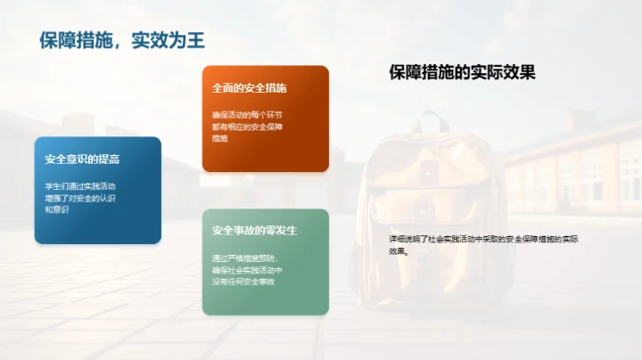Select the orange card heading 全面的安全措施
[x=249, y=89]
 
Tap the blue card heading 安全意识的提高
[x=82, y=160]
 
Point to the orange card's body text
[x=247, y=127]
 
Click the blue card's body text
[x=80, y=197]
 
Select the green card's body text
[x=248, y=269]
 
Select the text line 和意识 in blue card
[x=57, y=209]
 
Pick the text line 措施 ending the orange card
[x=220, y=138]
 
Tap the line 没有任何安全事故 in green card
[x=243, y=282]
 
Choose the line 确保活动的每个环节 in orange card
[x=247, y=115]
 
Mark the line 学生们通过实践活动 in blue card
[x=80, y=185]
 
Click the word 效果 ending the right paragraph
[x=398, y=251]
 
